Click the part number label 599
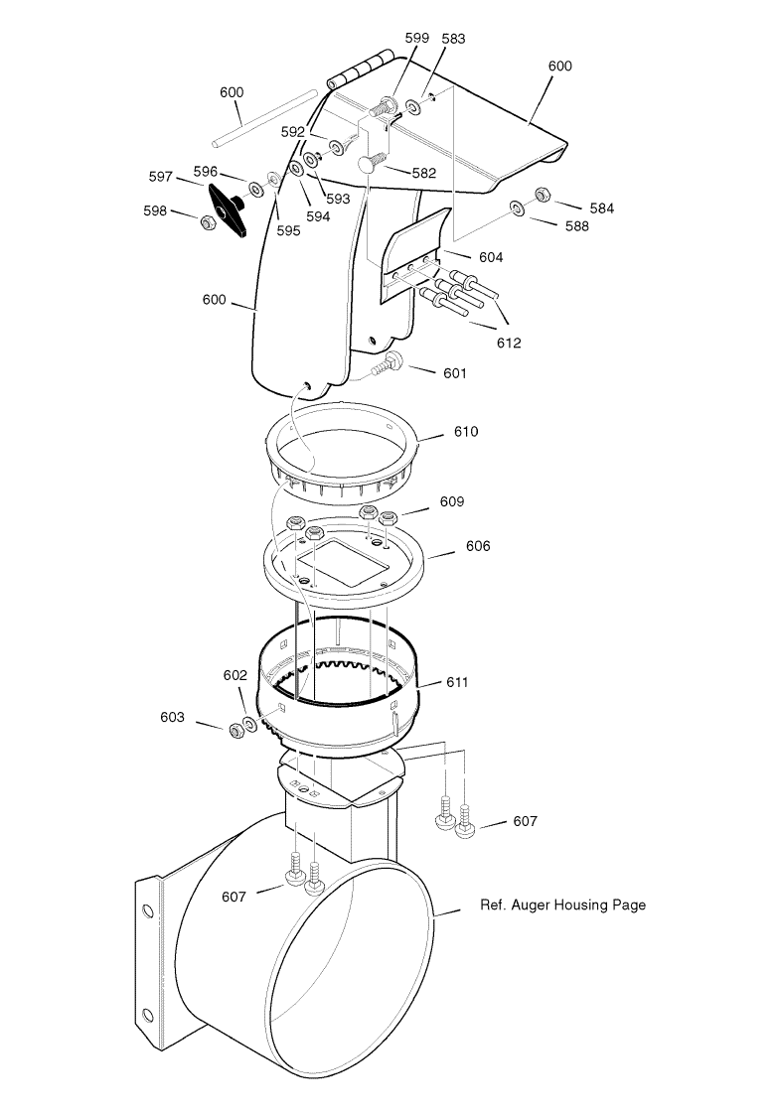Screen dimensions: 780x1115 [417, 39]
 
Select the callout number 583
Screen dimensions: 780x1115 [453, 39]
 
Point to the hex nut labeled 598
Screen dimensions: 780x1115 [207, 223]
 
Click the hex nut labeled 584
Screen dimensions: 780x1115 [540, 193]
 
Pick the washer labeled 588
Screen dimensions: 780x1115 [516, 209]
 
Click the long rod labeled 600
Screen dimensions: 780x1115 [264, 118]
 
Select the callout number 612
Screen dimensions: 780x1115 [509, 343]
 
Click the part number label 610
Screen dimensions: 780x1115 [466, 432]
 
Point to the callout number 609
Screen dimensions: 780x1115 [452, 502]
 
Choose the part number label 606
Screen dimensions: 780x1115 [478, 546]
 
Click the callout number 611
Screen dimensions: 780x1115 [457, 683]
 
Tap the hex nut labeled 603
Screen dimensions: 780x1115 [234, 730]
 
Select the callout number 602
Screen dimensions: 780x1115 [234, 675]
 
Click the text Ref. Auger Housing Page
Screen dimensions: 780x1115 [563, 906]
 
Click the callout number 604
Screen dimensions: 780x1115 [491, 257]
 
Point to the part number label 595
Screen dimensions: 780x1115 [288, 231]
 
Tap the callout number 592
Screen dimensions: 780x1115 [292, 132]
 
